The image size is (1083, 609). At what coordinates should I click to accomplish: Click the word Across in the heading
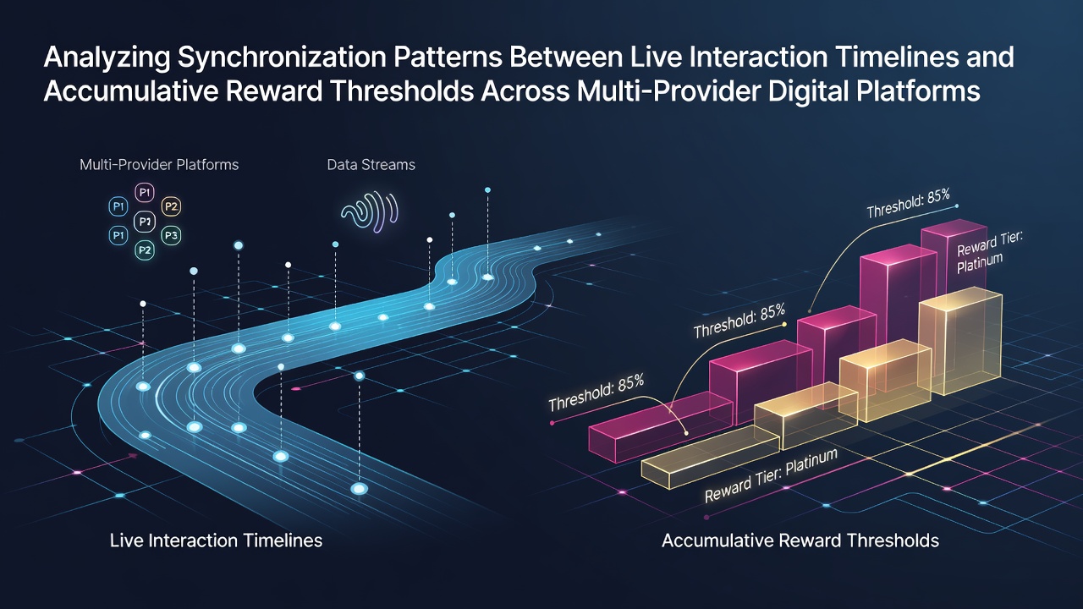[525, 91]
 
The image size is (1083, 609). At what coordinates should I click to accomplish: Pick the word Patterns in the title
[448, 57]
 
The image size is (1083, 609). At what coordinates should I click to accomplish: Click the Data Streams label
[371, 165]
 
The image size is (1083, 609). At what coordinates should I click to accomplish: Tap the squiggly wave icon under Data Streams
[370, 212]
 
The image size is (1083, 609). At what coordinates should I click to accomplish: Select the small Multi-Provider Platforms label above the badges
[159, 165]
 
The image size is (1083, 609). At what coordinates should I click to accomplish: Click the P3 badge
[171, 235]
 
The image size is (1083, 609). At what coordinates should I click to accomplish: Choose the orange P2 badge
[171, 207]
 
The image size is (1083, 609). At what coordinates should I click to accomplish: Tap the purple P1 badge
[145, 193]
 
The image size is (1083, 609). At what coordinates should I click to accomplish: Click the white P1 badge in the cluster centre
[145, 222]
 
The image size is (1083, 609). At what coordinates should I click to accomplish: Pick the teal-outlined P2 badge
[145, 250]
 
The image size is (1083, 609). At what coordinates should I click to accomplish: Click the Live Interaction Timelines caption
[216, 540]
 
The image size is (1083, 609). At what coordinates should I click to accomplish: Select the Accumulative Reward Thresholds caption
[800, 540]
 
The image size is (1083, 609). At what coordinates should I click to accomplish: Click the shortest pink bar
[661, 427]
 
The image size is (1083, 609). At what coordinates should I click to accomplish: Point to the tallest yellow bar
[960, 340]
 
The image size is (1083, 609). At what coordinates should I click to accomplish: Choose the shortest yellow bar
[710, 458]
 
